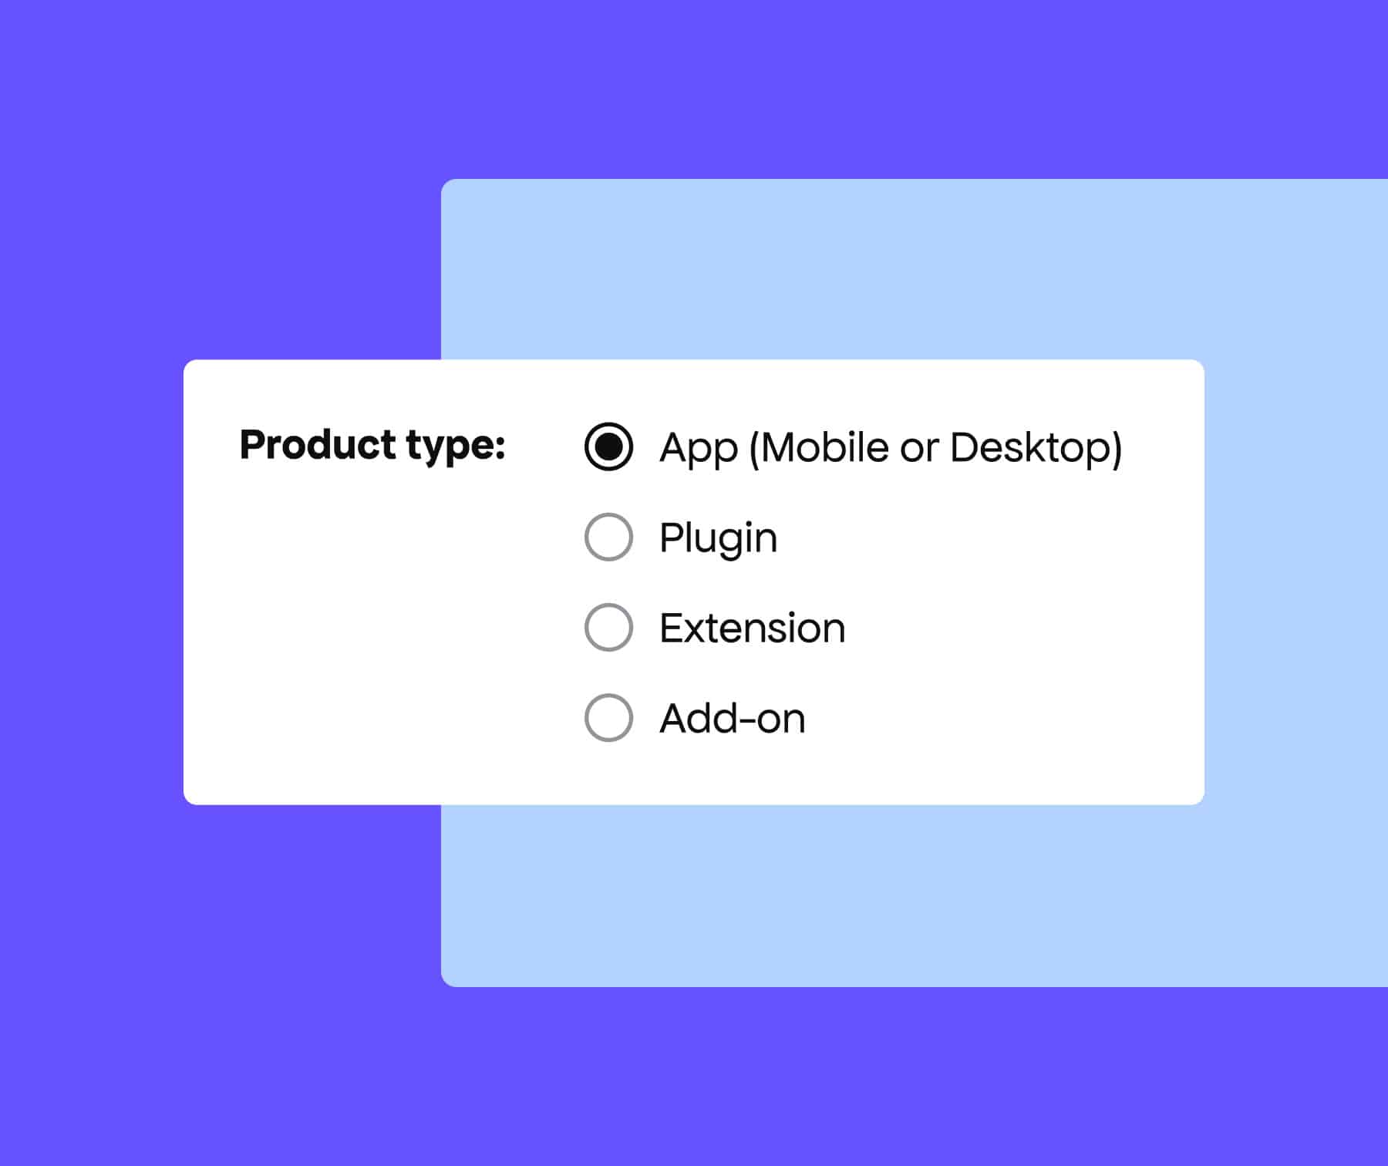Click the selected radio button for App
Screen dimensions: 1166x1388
point(608,447)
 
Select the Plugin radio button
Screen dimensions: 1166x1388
point(608,537)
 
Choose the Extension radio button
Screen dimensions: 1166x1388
point(608,627)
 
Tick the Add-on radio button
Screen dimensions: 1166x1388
point(608,717)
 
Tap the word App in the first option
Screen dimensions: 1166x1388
point(699,448)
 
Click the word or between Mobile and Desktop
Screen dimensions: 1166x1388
point(919,449)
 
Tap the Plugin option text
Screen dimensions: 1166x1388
point(718,538)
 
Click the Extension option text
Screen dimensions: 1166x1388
point(752,628)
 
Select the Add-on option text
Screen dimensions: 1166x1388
point(732,718)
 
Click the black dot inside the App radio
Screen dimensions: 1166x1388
point(608,447)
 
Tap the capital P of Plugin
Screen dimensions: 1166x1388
point(671,537)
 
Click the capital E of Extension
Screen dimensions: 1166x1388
point(672,628)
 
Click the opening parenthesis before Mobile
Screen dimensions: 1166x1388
point(754,448)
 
